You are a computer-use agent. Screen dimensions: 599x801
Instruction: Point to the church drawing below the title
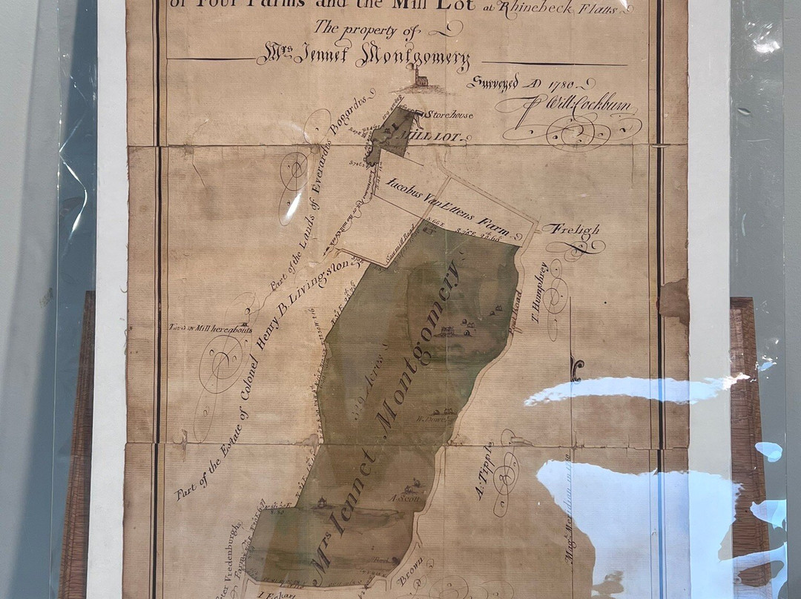coord(420,78)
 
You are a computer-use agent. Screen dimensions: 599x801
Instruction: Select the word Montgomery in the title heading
coord(412,58)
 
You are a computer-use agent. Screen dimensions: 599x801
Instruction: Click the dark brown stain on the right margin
coord(674,299)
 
